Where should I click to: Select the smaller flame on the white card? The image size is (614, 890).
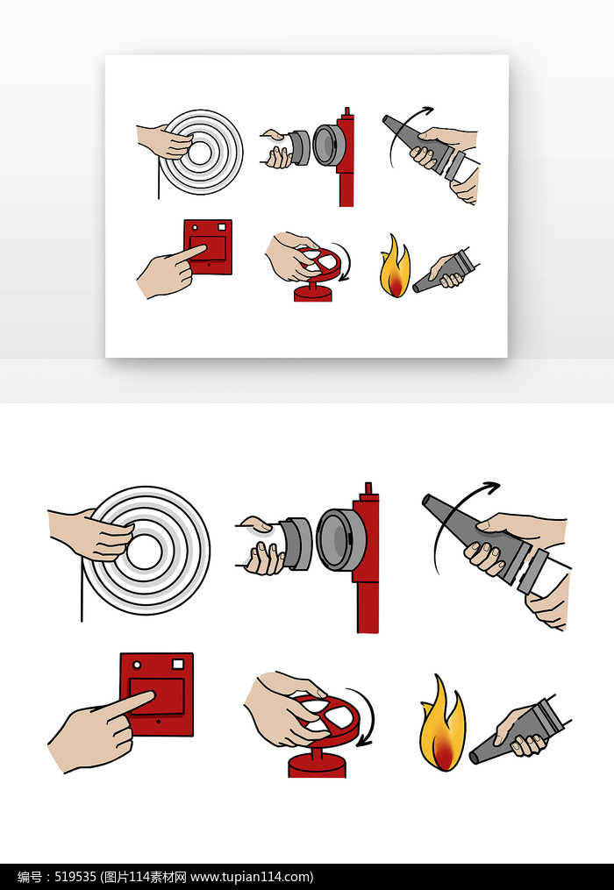coord(395,267)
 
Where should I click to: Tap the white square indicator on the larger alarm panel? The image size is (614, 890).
coord(178,663)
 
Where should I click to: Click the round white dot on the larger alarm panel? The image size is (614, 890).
coord(136,665)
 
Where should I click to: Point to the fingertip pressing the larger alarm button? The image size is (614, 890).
coord(152,694)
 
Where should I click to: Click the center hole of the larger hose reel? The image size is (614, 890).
coord(144,552)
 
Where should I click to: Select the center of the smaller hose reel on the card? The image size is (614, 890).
coord(199,153)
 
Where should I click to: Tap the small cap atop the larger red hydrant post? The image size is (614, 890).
coord(368,488)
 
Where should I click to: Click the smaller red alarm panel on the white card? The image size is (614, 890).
coord(208,247)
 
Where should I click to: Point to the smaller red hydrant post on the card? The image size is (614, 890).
coord(346,157)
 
